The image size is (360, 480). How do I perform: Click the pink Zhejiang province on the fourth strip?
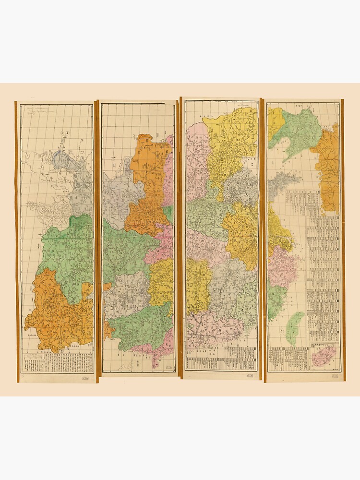pos(282,266)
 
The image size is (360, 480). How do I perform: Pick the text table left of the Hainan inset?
pos(288,358)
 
